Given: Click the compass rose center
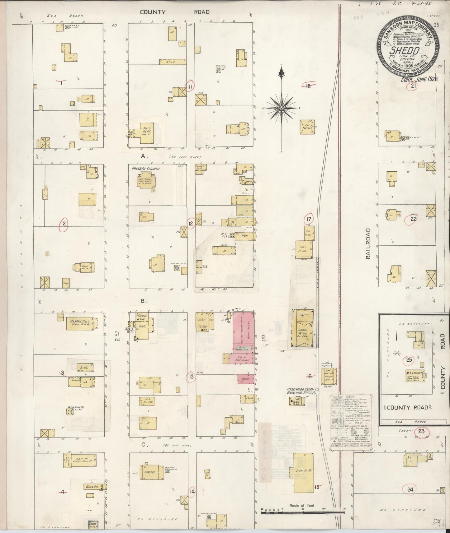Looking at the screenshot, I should [282, 108].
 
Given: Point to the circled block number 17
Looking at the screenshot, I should [309, 219].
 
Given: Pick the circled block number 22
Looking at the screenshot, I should [413, 219].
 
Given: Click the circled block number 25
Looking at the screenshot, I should [409, 360].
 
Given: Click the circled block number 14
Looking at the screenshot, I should [192, 492].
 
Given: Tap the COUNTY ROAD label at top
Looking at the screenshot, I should [174, 12].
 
